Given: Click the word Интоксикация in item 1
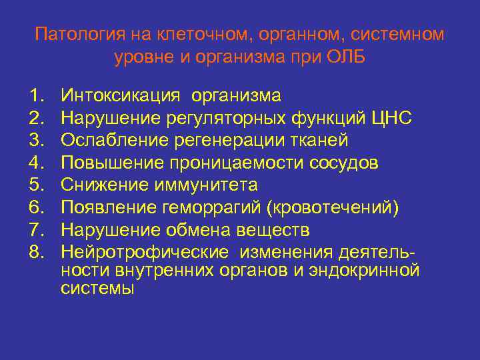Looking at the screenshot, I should tap(121, 95).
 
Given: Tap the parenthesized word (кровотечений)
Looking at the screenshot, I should tap(333, 207).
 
